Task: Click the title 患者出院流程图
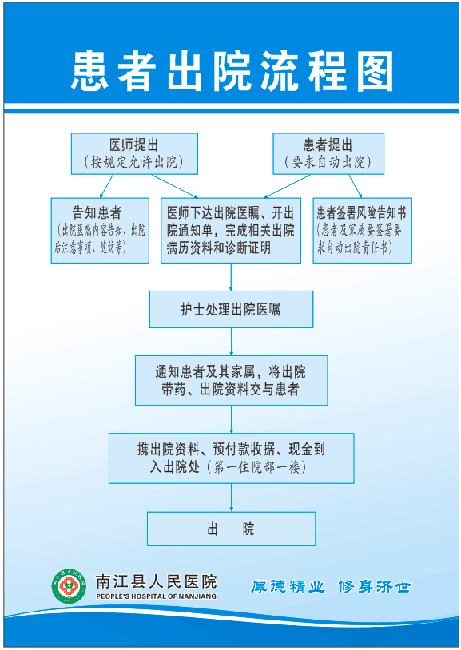pyautogui.click(x=232, y=71)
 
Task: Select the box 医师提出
pyautogui.click(x=134, y=153)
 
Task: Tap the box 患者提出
pyautogui.click(x=328, y=153)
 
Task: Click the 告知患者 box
pyautogui.click(x=100, y=230)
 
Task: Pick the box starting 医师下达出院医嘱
pyautogui.click(x=231, y=230)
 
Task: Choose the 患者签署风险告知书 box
pyautogui.click(x=362, y=230)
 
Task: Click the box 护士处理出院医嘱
pyautogui.click(x=231, y=309)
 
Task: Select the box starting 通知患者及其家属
pyautogui.click(x=231, y=380)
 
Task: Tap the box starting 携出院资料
pyautogui.click(x=231, y=458)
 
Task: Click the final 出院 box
pyautogui.click(x=231, y=529)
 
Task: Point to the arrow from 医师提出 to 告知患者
pyautogui.click(x=106, y=186)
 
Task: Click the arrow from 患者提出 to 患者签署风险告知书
pyautogui.click(x=356, y=186)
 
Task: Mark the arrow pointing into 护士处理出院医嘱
pyautogui.click(x=231, y=277)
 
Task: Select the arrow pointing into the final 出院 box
pyautogui.click(x=231, y=497)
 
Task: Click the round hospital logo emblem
pyautogui.click(x=70, y=586)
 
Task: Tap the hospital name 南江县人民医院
pyautogui.click(x=156, y=581)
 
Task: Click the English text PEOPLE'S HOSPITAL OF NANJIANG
pyautogui.click(x=156, y=596)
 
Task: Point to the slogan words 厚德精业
pyautogui.click(x=288, y=587)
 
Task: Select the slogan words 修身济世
pyautogui.click(x=374, y=587)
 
